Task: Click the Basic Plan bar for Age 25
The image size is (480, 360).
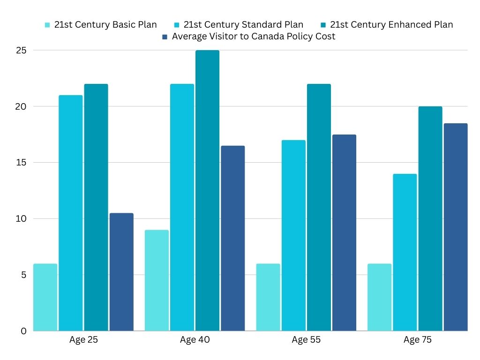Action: pos(45,297)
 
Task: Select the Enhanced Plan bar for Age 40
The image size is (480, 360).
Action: pos(207,190)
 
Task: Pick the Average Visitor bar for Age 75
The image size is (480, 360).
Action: pos(456,227)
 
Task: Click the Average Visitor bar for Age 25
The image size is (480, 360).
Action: pos(121,272)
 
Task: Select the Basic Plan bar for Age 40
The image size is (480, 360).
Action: pos(157,280)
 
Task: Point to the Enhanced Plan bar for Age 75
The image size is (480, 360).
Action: pos(430,218)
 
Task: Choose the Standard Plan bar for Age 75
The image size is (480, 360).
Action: pos(405,252)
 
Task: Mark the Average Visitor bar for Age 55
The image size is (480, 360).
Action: pos(344,232)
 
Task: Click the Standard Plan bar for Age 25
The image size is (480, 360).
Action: pos(71,213)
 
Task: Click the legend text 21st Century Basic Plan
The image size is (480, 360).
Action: pos(105,25)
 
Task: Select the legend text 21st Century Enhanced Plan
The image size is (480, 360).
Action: pos(391,25)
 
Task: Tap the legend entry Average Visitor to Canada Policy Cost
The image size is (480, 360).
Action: pos(253,37)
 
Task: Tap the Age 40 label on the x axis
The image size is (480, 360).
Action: pos(195,340)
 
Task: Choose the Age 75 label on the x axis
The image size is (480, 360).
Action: pos(418,340)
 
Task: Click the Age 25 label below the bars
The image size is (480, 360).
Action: pos(83,340)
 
